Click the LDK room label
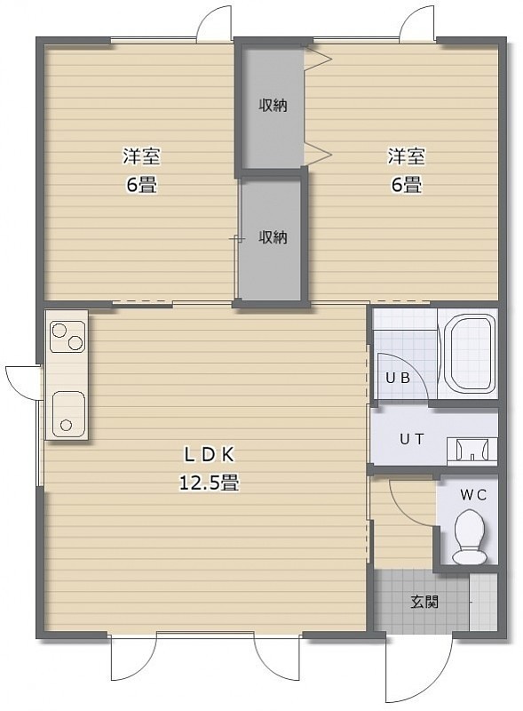click(209, 455)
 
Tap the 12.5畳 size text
click(209, 483)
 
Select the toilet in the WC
click(469, 537)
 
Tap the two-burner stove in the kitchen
click(68, 337)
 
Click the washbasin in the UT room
click(472, 451)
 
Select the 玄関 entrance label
click(424, 603)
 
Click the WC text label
click(473, 495)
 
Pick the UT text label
click(412, 439)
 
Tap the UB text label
click(398, 377)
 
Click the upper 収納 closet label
click(273, 106)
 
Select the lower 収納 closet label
click(273, 237)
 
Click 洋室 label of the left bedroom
click(141, 157)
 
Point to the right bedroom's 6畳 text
click(407, 185)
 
